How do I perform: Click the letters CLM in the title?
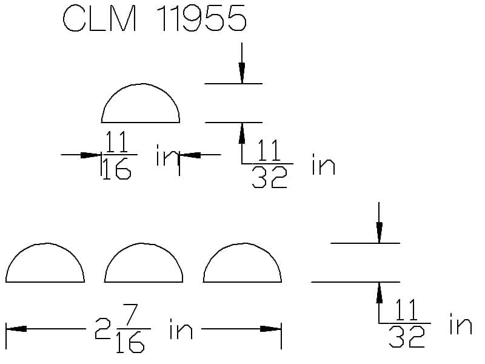tap(99, 18)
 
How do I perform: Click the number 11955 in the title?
tap(203, 18)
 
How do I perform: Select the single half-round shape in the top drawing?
tap(141, 84)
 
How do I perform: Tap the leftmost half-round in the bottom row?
tap(45, 244)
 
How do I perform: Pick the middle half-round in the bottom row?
tap(144, 244)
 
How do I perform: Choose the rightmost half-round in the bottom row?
tap(242, 244)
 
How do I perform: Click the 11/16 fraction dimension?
tap(118, 155)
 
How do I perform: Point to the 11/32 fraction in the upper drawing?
tap(269, 163)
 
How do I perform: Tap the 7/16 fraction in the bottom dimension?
tap(131, 329)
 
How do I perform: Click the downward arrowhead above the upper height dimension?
tap(242, 73)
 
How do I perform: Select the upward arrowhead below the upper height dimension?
tap(242, 133)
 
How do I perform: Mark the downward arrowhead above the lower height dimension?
tap(380, 233)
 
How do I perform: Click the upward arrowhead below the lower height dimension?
tap(380, 293)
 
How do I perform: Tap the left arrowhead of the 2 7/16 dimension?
tap(16, 328)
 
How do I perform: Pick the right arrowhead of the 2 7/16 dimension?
tap(270, 328)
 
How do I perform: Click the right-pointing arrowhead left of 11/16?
tap(90, 155)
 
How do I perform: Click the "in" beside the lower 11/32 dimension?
tap(461, 324)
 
